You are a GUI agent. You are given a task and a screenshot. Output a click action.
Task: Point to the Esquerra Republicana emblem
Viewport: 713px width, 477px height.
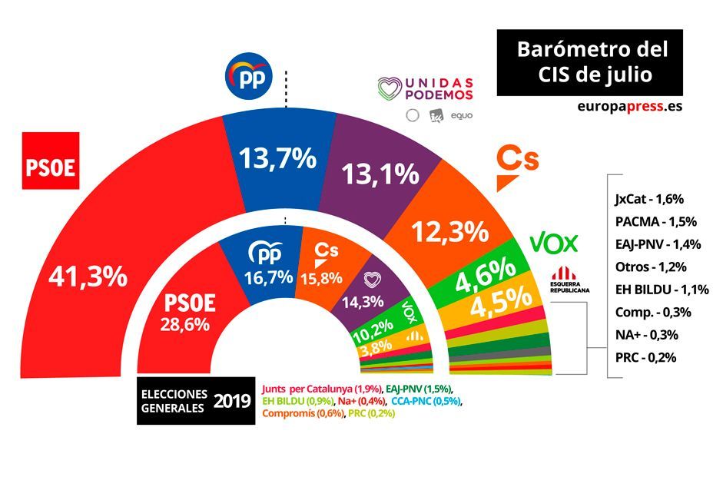570,275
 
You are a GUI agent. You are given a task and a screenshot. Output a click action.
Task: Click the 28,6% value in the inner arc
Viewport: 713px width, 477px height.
184,324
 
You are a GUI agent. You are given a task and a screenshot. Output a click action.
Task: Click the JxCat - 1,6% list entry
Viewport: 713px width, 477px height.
649,199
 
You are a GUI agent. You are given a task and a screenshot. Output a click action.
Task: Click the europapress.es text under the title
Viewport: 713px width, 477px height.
628,107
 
